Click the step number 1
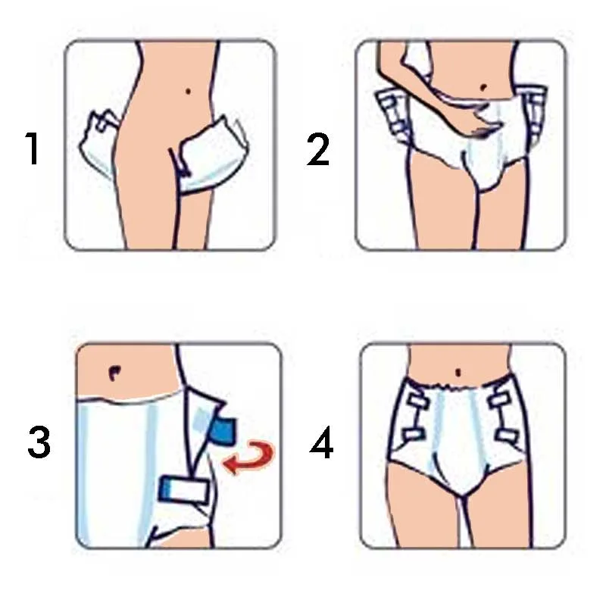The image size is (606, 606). click(x=33, y=148)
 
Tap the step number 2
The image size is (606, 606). click(x=317, y=149)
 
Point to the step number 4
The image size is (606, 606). click(x=321, y=442)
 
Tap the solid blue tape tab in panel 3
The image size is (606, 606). click(x=223, y=430)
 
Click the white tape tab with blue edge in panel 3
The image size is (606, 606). click(x=183, y=490)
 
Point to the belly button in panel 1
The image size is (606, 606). click(x=188, y=92)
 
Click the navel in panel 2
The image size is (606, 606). click(x=483, y=88)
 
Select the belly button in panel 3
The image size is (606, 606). click(x=114, y=372)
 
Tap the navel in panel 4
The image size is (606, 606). click(x=458, y=373)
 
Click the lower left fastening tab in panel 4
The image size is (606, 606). click(x=413, y=434)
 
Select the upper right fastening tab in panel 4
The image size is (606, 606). click(x=501, y=398)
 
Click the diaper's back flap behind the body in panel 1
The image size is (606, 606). click(x=98, y=144)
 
